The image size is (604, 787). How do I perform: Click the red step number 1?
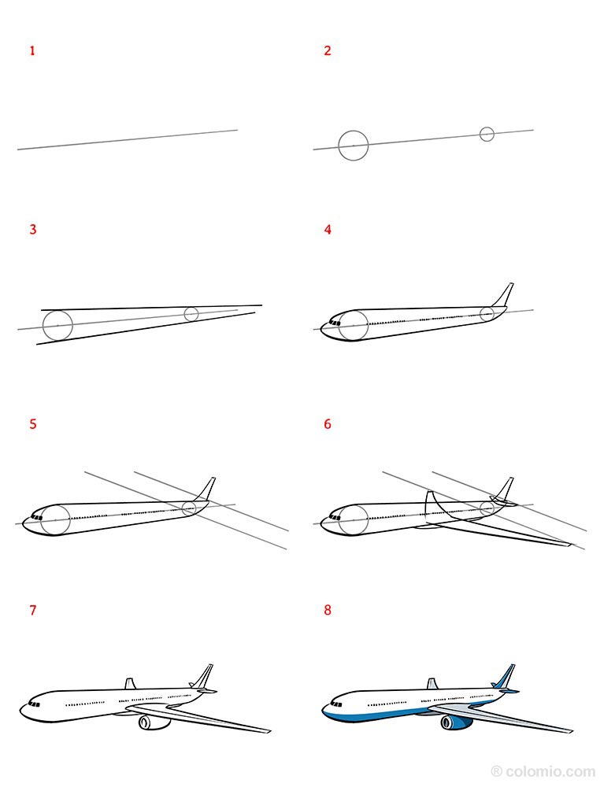click(32, 51)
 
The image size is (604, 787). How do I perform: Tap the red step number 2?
click(328, 51)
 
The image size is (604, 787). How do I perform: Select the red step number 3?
click(32, 230)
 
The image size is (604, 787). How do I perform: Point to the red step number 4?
click(328, 230)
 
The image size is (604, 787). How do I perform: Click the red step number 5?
click(32, 424)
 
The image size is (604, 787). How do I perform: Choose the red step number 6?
click(328, 424)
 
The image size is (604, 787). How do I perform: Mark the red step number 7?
click(32, 610)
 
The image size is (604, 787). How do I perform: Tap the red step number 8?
click(328, 610)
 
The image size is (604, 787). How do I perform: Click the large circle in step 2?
click(354, 146)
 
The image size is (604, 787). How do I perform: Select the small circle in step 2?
click(487, 134)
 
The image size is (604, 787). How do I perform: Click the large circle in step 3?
click(57, 325)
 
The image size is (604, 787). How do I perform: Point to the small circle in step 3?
click(191, 314)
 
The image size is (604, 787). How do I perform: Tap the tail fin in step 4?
click(504, 295)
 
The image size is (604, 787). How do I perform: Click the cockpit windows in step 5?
click(35, 517)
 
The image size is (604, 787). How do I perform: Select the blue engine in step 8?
click(454, 722)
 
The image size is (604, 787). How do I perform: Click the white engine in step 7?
click(151, 722)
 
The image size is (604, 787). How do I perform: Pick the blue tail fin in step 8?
click(504, 677)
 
